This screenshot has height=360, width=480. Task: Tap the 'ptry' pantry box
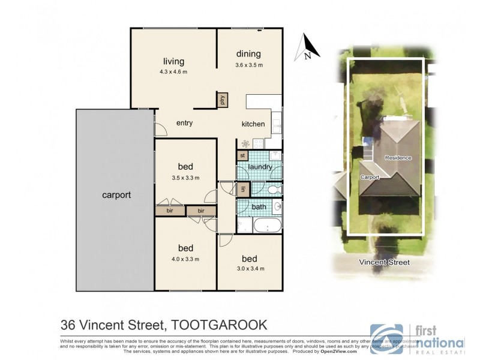click(x=222, y=100)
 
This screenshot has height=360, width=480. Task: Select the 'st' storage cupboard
click(x=242, y=155)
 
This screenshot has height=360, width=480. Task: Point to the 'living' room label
click(x=173, y=61)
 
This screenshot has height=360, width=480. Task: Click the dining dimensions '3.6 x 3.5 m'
click(x=248, y=65)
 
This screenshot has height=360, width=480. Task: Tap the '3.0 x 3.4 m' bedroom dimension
click(x=249, y=268)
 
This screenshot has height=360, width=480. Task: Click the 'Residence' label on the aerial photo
click(x=398, y=158)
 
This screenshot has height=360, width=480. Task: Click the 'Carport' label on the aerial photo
click(x=370, y=178)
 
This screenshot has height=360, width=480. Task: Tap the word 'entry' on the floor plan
click(x=184, y=123)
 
